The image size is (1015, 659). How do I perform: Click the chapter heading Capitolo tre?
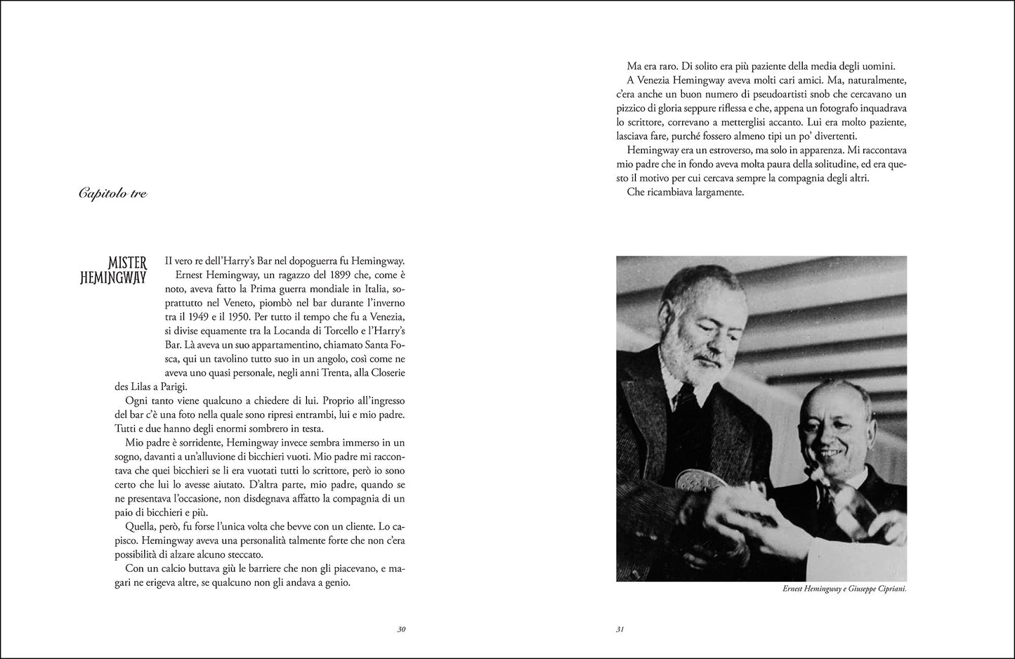click(112, 193)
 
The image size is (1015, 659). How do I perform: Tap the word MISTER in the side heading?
click(123, 263)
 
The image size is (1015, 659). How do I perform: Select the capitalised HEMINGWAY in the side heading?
click(113, 278)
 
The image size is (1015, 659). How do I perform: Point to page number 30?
click(401, 629)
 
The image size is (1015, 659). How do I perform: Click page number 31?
click(620, 629)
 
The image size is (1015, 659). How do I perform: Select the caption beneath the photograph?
click(844, 589)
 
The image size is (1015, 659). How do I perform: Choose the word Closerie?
click(385, 372)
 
